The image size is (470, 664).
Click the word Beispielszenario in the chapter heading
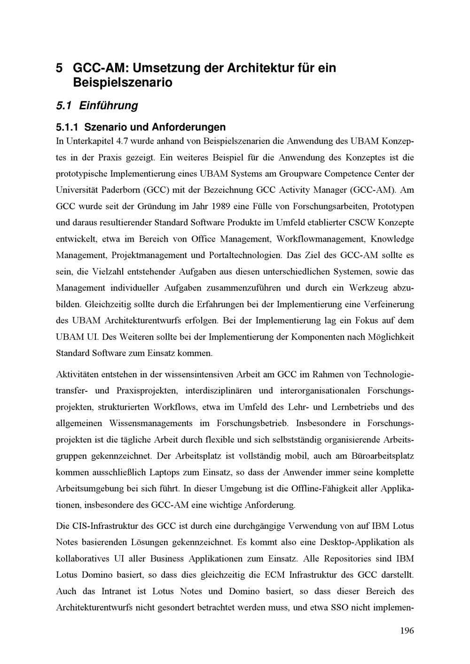[123, 83]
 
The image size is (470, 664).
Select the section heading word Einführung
[109, 106]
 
